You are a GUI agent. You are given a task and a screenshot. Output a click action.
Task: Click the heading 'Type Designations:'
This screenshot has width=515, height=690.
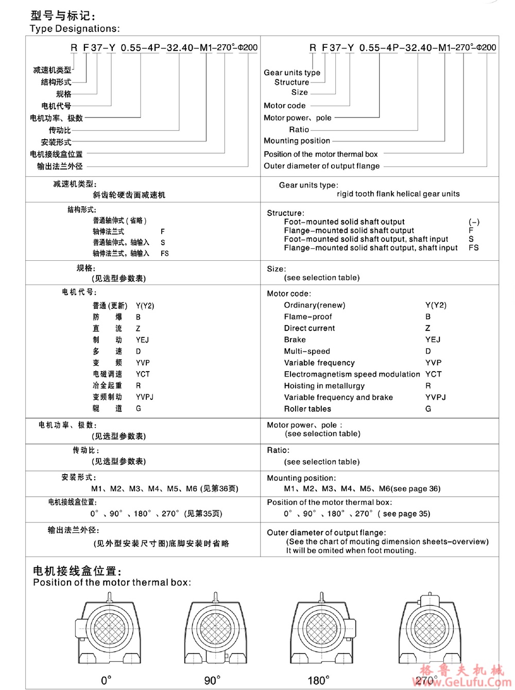point(75,29)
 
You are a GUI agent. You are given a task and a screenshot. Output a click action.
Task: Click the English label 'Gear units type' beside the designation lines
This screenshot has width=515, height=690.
point(291,73)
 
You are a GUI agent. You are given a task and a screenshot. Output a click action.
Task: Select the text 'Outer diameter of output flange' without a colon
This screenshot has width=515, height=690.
point(321,166)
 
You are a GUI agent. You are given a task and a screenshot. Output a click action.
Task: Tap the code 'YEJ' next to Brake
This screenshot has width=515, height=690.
point(433,340)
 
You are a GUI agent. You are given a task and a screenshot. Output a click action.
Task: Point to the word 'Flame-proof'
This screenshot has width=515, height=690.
point(308,317)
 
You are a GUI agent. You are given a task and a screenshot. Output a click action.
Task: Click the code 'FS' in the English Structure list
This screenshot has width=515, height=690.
point(473,248)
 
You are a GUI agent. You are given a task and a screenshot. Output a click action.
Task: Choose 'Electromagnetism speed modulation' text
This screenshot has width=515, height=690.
point(352,374)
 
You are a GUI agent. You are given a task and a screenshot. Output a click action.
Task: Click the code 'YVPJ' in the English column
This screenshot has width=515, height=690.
point(435,397)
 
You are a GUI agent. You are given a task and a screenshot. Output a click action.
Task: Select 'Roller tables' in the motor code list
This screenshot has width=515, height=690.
point(307,409)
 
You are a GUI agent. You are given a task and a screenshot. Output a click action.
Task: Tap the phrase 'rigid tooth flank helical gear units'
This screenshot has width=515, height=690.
point(398,194)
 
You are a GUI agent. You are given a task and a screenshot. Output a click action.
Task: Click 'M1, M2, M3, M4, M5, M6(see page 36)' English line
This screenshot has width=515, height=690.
point(362,489)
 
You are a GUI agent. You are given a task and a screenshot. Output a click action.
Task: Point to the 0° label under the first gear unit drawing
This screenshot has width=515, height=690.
point(106,681)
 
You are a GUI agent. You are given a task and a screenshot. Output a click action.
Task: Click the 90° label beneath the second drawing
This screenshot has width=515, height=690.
point(212,681)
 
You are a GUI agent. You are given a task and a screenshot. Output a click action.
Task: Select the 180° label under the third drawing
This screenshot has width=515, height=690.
point(318,681)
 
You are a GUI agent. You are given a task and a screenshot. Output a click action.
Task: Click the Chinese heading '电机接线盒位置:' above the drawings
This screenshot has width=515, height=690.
point(77,571)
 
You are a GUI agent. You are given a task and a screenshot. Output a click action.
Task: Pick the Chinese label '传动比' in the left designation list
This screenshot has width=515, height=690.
point(60,130)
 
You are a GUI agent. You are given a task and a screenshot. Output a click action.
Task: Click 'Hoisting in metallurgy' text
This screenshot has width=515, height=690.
point(324,386)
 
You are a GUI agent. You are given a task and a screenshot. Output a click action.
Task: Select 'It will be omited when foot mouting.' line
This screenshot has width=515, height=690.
point(351,551)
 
